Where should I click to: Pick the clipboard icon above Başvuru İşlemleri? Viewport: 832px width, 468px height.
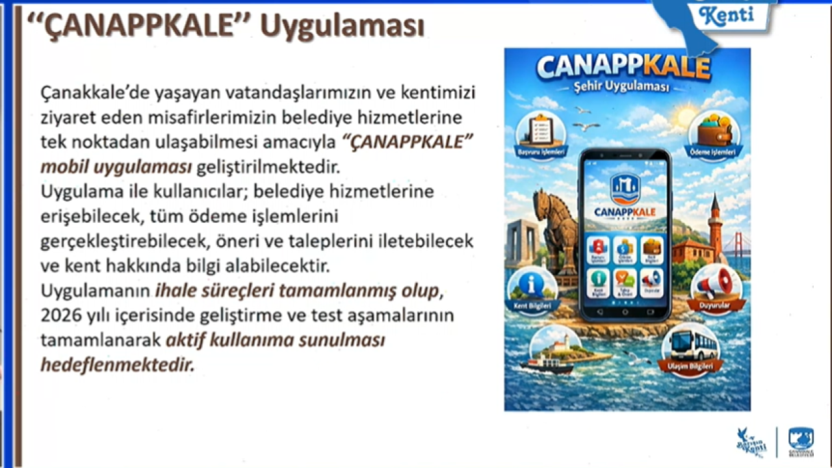(540, 128)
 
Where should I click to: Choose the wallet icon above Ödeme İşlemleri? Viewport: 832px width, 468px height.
(713, 129)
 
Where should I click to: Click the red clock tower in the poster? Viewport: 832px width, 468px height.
(715, 227)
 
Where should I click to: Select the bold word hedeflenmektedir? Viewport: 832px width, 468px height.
(118, 365)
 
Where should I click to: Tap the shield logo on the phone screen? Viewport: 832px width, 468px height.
(625, 188)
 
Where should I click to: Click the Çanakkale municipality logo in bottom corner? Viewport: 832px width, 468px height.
(800, 441)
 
